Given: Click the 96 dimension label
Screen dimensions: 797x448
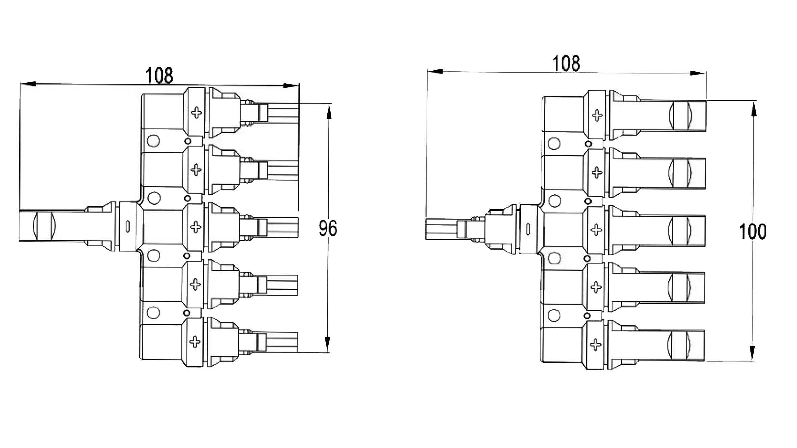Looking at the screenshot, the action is click(328, 228).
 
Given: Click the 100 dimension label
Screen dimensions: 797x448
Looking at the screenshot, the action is click(752, 231).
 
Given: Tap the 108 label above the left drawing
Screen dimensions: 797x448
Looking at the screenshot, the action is click(159, 76).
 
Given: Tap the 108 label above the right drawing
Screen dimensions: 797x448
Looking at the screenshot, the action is click(566, 63).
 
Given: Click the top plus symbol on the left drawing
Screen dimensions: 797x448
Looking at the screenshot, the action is click(196, 112).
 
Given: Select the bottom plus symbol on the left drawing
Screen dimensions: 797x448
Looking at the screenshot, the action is click(195, 342).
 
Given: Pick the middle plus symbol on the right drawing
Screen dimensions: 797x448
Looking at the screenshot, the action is click(596, 230).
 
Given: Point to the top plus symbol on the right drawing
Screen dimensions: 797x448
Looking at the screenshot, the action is click(597, 116).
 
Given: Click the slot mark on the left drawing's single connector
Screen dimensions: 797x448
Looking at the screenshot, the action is click(128, 226).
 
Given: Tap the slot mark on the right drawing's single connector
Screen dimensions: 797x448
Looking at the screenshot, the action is click(528, 229).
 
